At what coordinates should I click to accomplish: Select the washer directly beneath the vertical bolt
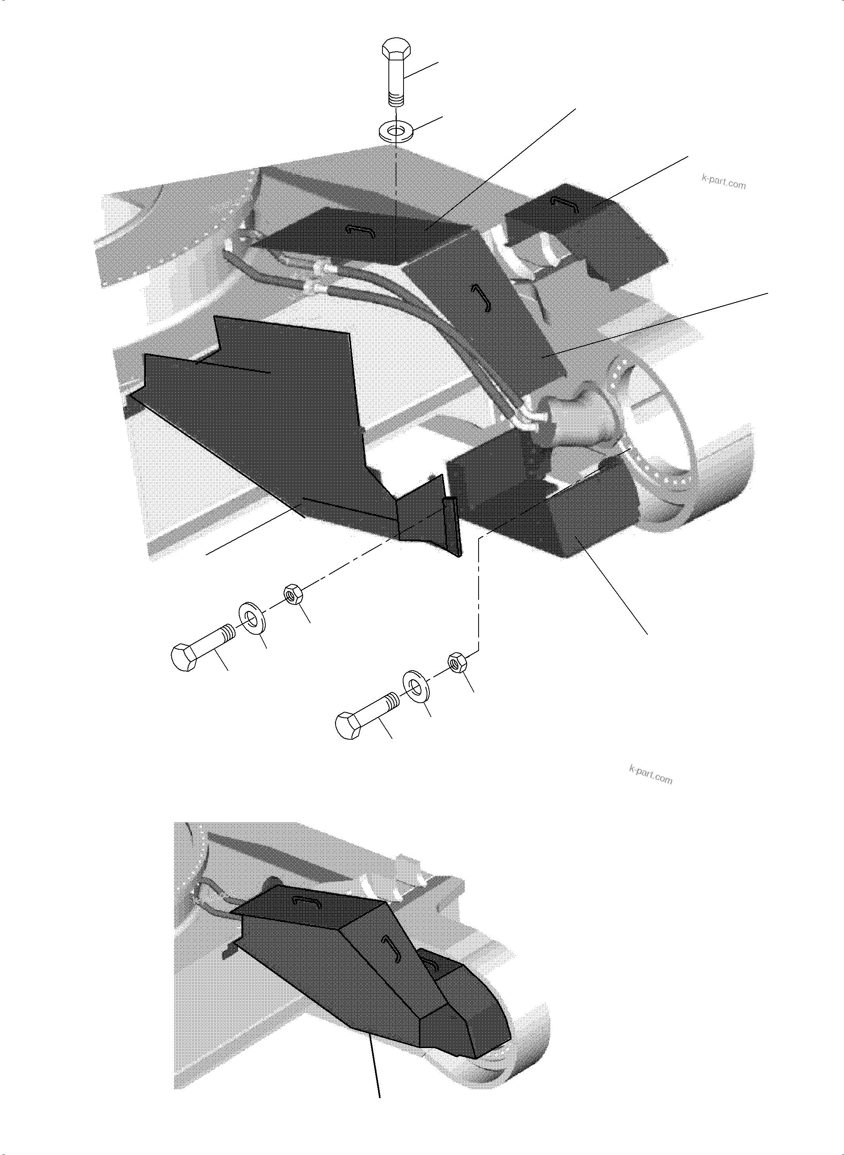point(396,132)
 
